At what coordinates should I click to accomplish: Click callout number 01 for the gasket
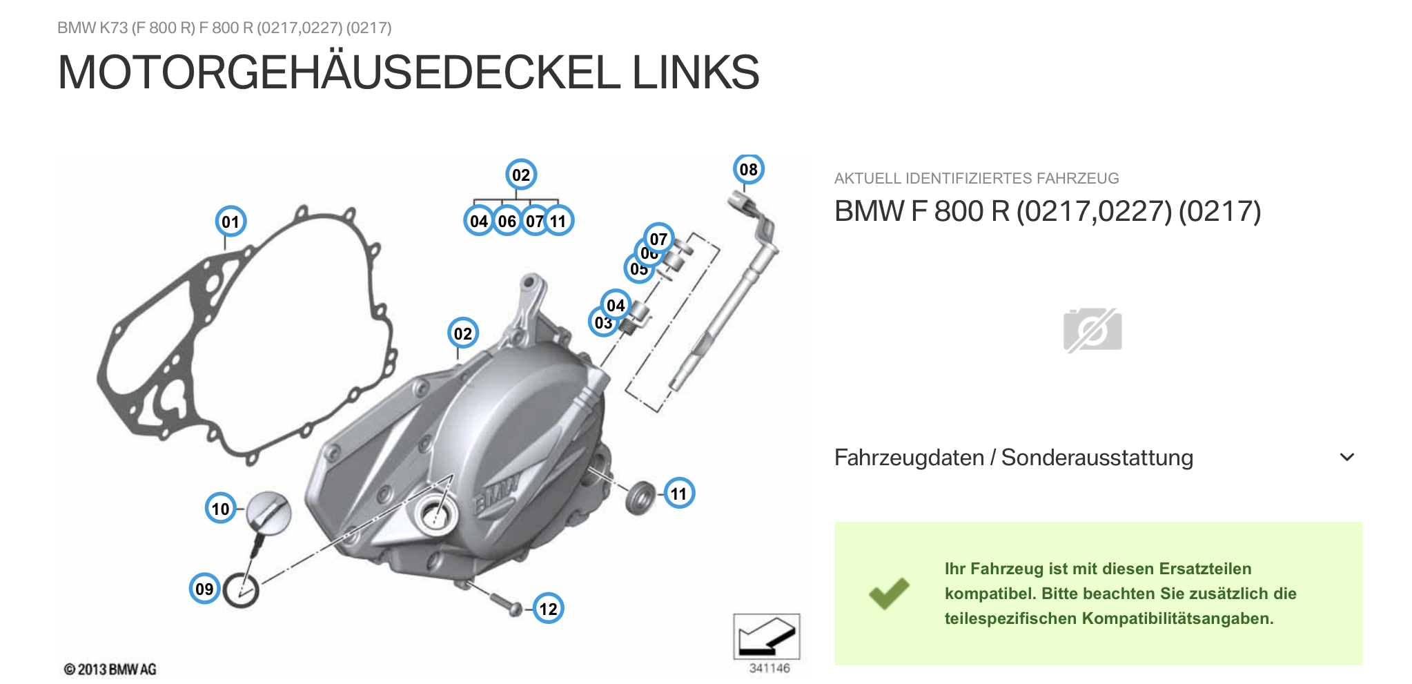click(231, 222)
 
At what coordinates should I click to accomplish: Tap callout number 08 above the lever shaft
click(748, 169)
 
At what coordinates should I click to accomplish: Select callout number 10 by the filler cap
click(220, 509)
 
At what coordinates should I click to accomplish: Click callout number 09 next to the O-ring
click(204, 589)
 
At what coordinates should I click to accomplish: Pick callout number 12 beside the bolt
click(548, 609)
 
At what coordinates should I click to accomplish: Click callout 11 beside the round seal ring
click(679, 494)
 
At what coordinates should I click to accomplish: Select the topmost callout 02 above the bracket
click(521, 175)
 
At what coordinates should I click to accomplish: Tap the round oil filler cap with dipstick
click(269, 511)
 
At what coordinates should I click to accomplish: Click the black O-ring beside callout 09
click(242, 591)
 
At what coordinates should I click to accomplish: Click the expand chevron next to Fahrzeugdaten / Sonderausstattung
click(1346, 457)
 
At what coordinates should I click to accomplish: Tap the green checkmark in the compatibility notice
click(889, 593)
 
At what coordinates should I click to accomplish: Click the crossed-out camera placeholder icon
click(1092, 330)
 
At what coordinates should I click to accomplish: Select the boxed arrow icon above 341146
click(766, 636)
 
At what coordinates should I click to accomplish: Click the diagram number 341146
click(769, 668)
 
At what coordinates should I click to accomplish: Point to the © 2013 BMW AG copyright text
click(110, 670)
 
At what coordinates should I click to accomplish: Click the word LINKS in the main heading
click(695, 72)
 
